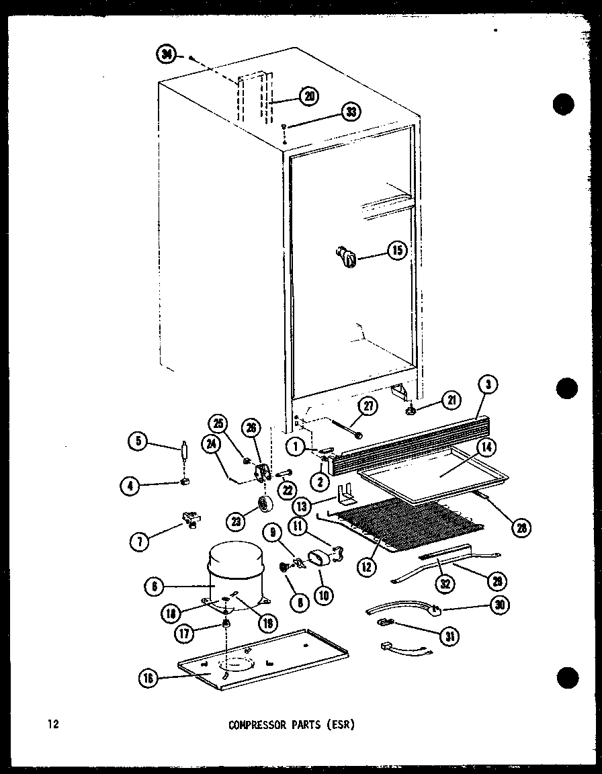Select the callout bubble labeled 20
308,96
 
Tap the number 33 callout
350,112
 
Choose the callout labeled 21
449,401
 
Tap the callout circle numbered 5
138,441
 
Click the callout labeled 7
139,541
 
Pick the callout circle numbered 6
155,587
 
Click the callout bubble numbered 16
148,679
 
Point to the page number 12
53,724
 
